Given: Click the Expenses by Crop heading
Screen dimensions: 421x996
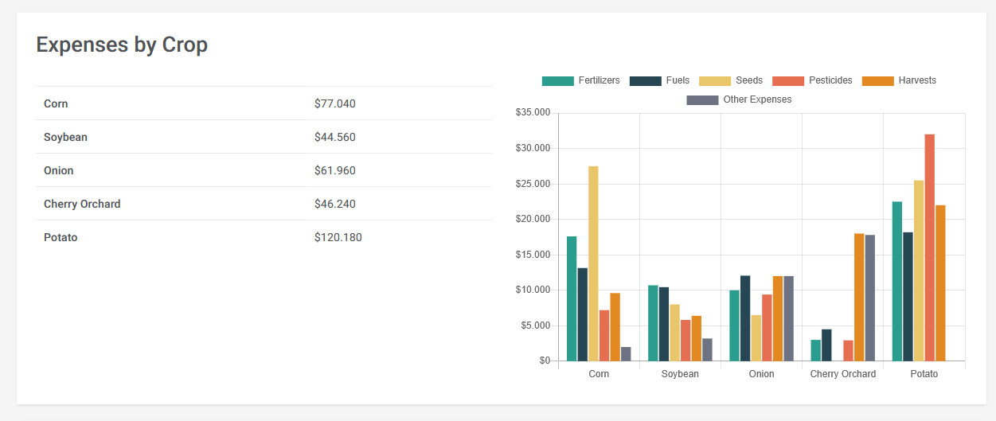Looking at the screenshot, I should [122, 45].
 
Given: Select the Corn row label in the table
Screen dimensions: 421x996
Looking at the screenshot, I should [56, 103].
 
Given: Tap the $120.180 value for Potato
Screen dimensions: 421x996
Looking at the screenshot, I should [338, 237].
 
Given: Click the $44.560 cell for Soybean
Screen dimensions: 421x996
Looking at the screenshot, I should [334, 137].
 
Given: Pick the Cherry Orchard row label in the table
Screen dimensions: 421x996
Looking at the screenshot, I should [82, 204].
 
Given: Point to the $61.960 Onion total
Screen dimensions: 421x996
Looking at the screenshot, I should [334, 170].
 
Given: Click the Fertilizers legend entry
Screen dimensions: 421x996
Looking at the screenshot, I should [580, 80].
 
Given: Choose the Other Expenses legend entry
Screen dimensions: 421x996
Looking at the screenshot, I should [739, 99].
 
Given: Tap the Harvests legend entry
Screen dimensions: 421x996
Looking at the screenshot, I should [900, 80].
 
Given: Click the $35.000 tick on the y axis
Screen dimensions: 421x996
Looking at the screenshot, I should [533, 112].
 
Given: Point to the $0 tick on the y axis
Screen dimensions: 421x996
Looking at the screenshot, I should [544, 361].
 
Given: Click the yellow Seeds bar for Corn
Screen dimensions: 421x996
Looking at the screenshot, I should [593, 263].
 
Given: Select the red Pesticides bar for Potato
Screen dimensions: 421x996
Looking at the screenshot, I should [929, 247].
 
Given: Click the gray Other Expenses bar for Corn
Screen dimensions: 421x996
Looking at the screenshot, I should [626, 354].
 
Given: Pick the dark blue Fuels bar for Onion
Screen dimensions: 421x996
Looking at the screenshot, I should [745, 318].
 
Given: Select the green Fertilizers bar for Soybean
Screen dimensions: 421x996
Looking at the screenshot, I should [653, 323].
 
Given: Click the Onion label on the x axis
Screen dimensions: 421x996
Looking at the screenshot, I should [761, 374].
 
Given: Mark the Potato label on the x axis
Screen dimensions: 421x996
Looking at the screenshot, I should [924, 374].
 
